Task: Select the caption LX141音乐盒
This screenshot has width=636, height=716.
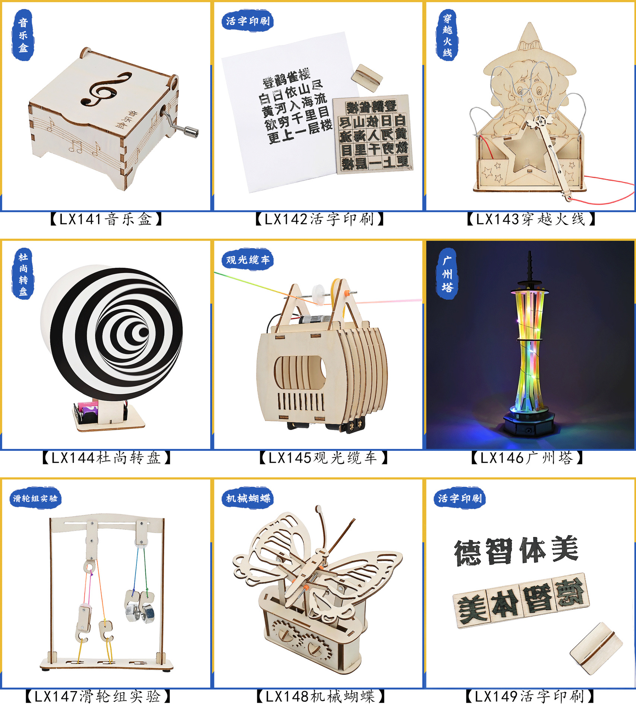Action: point(106,219)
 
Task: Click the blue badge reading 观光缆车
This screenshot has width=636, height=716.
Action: point(248,260)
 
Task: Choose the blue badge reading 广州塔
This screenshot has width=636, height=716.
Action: point(447,274)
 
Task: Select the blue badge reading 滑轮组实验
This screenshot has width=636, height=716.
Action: point(35,499)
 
